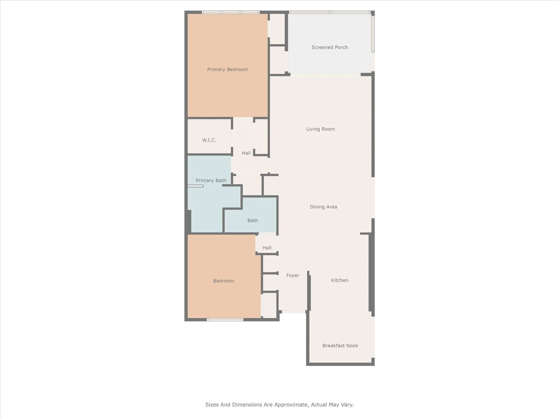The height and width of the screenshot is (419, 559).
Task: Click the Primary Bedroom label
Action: pyautogui.click(x=228, y=69)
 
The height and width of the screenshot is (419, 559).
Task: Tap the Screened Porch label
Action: pyautogui.click(x=330, y=47)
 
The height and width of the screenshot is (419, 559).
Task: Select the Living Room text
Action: pyautogui.click(x=320, y=129)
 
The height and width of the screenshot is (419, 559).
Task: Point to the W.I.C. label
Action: pyautogui.click(x=209, y=140)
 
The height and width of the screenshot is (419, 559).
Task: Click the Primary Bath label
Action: pyautogui.click(x=211, y=180)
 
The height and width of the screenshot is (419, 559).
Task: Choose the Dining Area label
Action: pyautogui.click(x=323, y=207)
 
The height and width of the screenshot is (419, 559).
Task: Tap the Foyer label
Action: pyautogui.click(x=293, y=275)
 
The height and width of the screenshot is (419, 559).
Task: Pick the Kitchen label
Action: pyautogui.click(x=340, y=280)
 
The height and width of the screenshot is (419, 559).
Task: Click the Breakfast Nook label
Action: pyautogui.click(x=340, y=346)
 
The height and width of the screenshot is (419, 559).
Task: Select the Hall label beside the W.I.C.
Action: pyautogui.click(x=246, y=153)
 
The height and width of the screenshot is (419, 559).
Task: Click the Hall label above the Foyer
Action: pyautogui.click(x=267, y=248)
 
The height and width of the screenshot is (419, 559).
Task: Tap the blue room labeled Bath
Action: pyautogui.click(x=253, y=220)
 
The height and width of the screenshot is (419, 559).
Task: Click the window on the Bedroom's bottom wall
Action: pyautogui.click(x=225, y=320)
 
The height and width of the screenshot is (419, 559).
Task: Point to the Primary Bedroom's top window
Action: pyautogui.click(x=231, y=12)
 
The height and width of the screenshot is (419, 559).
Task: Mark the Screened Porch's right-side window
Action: pyautogui.click(x=373, y=34)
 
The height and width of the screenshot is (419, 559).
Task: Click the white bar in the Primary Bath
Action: pyautogui.click(x=195, y=186)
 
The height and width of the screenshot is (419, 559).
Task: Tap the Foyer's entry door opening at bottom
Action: pyautogui.click(x=293, y=311)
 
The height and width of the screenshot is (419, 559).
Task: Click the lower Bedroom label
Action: pyautogui.click(x=223, y=281)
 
